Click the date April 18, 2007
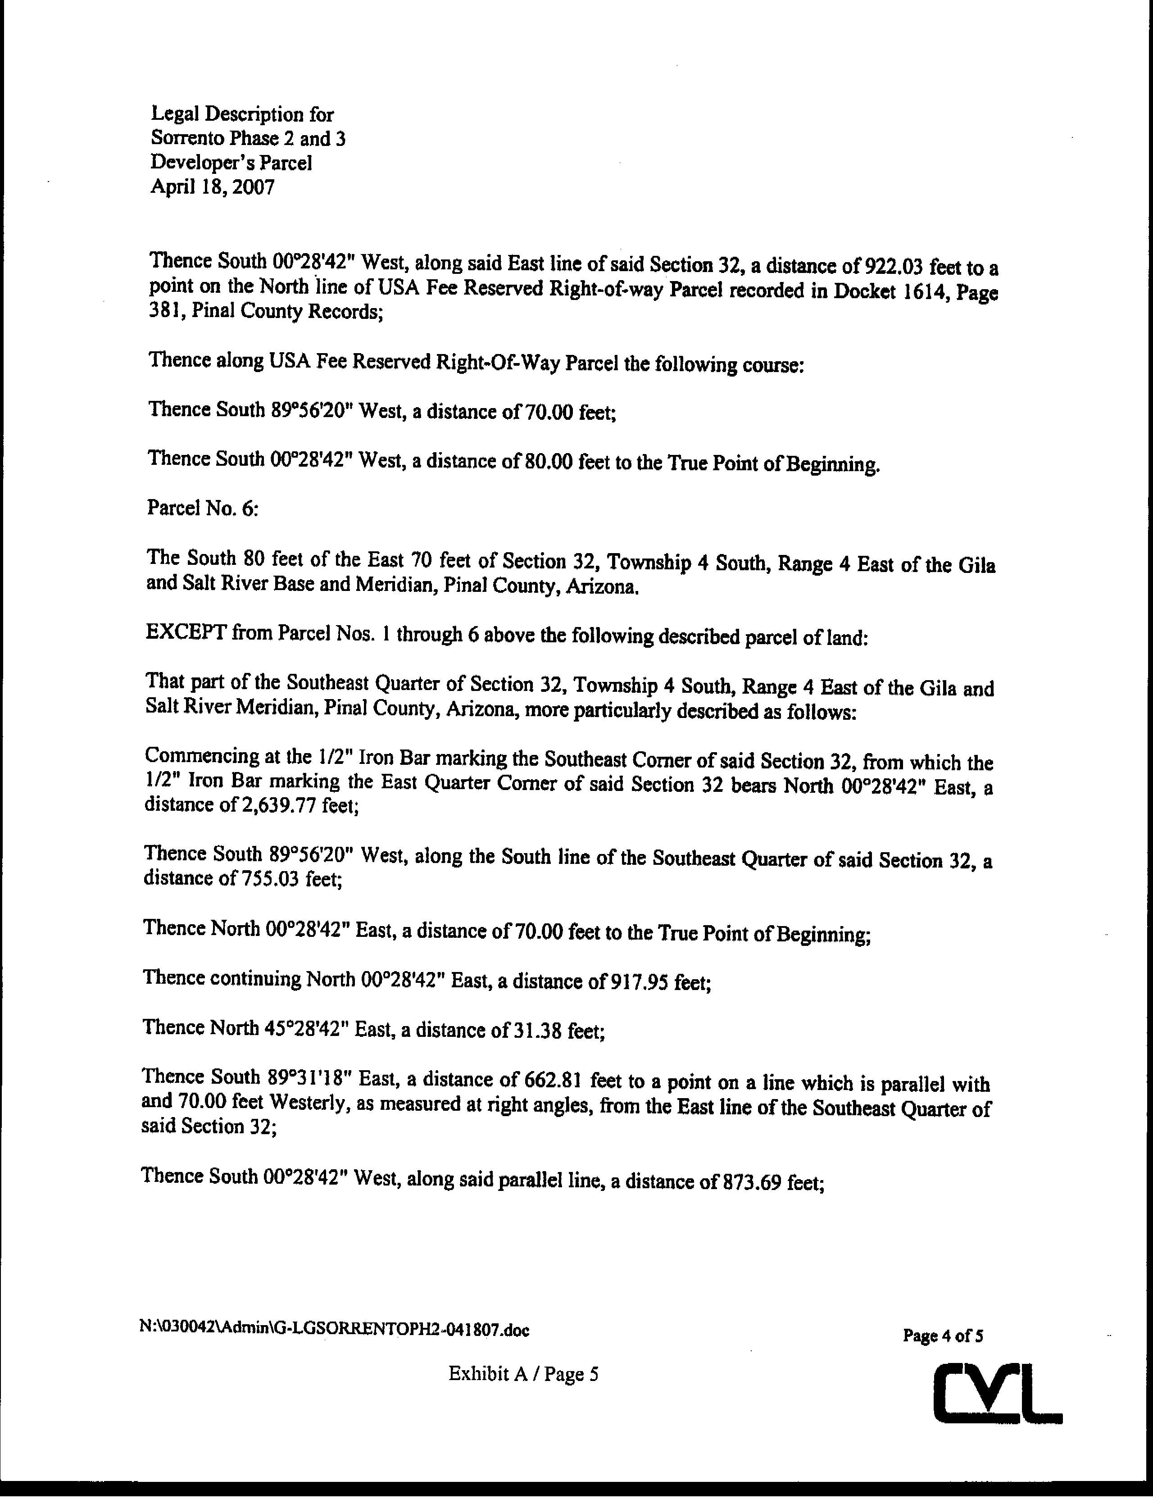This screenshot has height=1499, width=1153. point(212,187)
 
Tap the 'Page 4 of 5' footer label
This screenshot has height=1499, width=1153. point(943,1335)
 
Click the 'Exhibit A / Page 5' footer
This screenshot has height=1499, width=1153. point(524,1373)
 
